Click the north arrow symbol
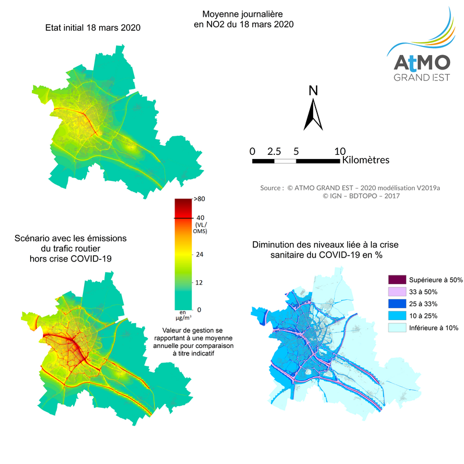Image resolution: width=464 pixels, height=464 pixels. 313,115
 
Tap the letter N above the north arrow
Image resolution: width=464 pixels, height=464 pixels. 313,90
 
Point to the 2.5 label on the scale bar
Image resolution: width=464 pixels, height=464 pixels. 274,151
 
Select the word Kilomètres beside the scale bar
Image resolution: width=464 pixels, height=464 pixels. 366,159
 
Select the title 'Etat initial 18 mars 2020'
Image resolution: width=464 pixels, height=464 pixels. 93,27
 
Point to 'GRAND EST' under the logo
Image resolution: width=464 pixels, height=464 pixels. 422,78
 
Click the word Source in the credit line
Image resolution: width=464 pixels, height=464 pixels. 271,188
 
